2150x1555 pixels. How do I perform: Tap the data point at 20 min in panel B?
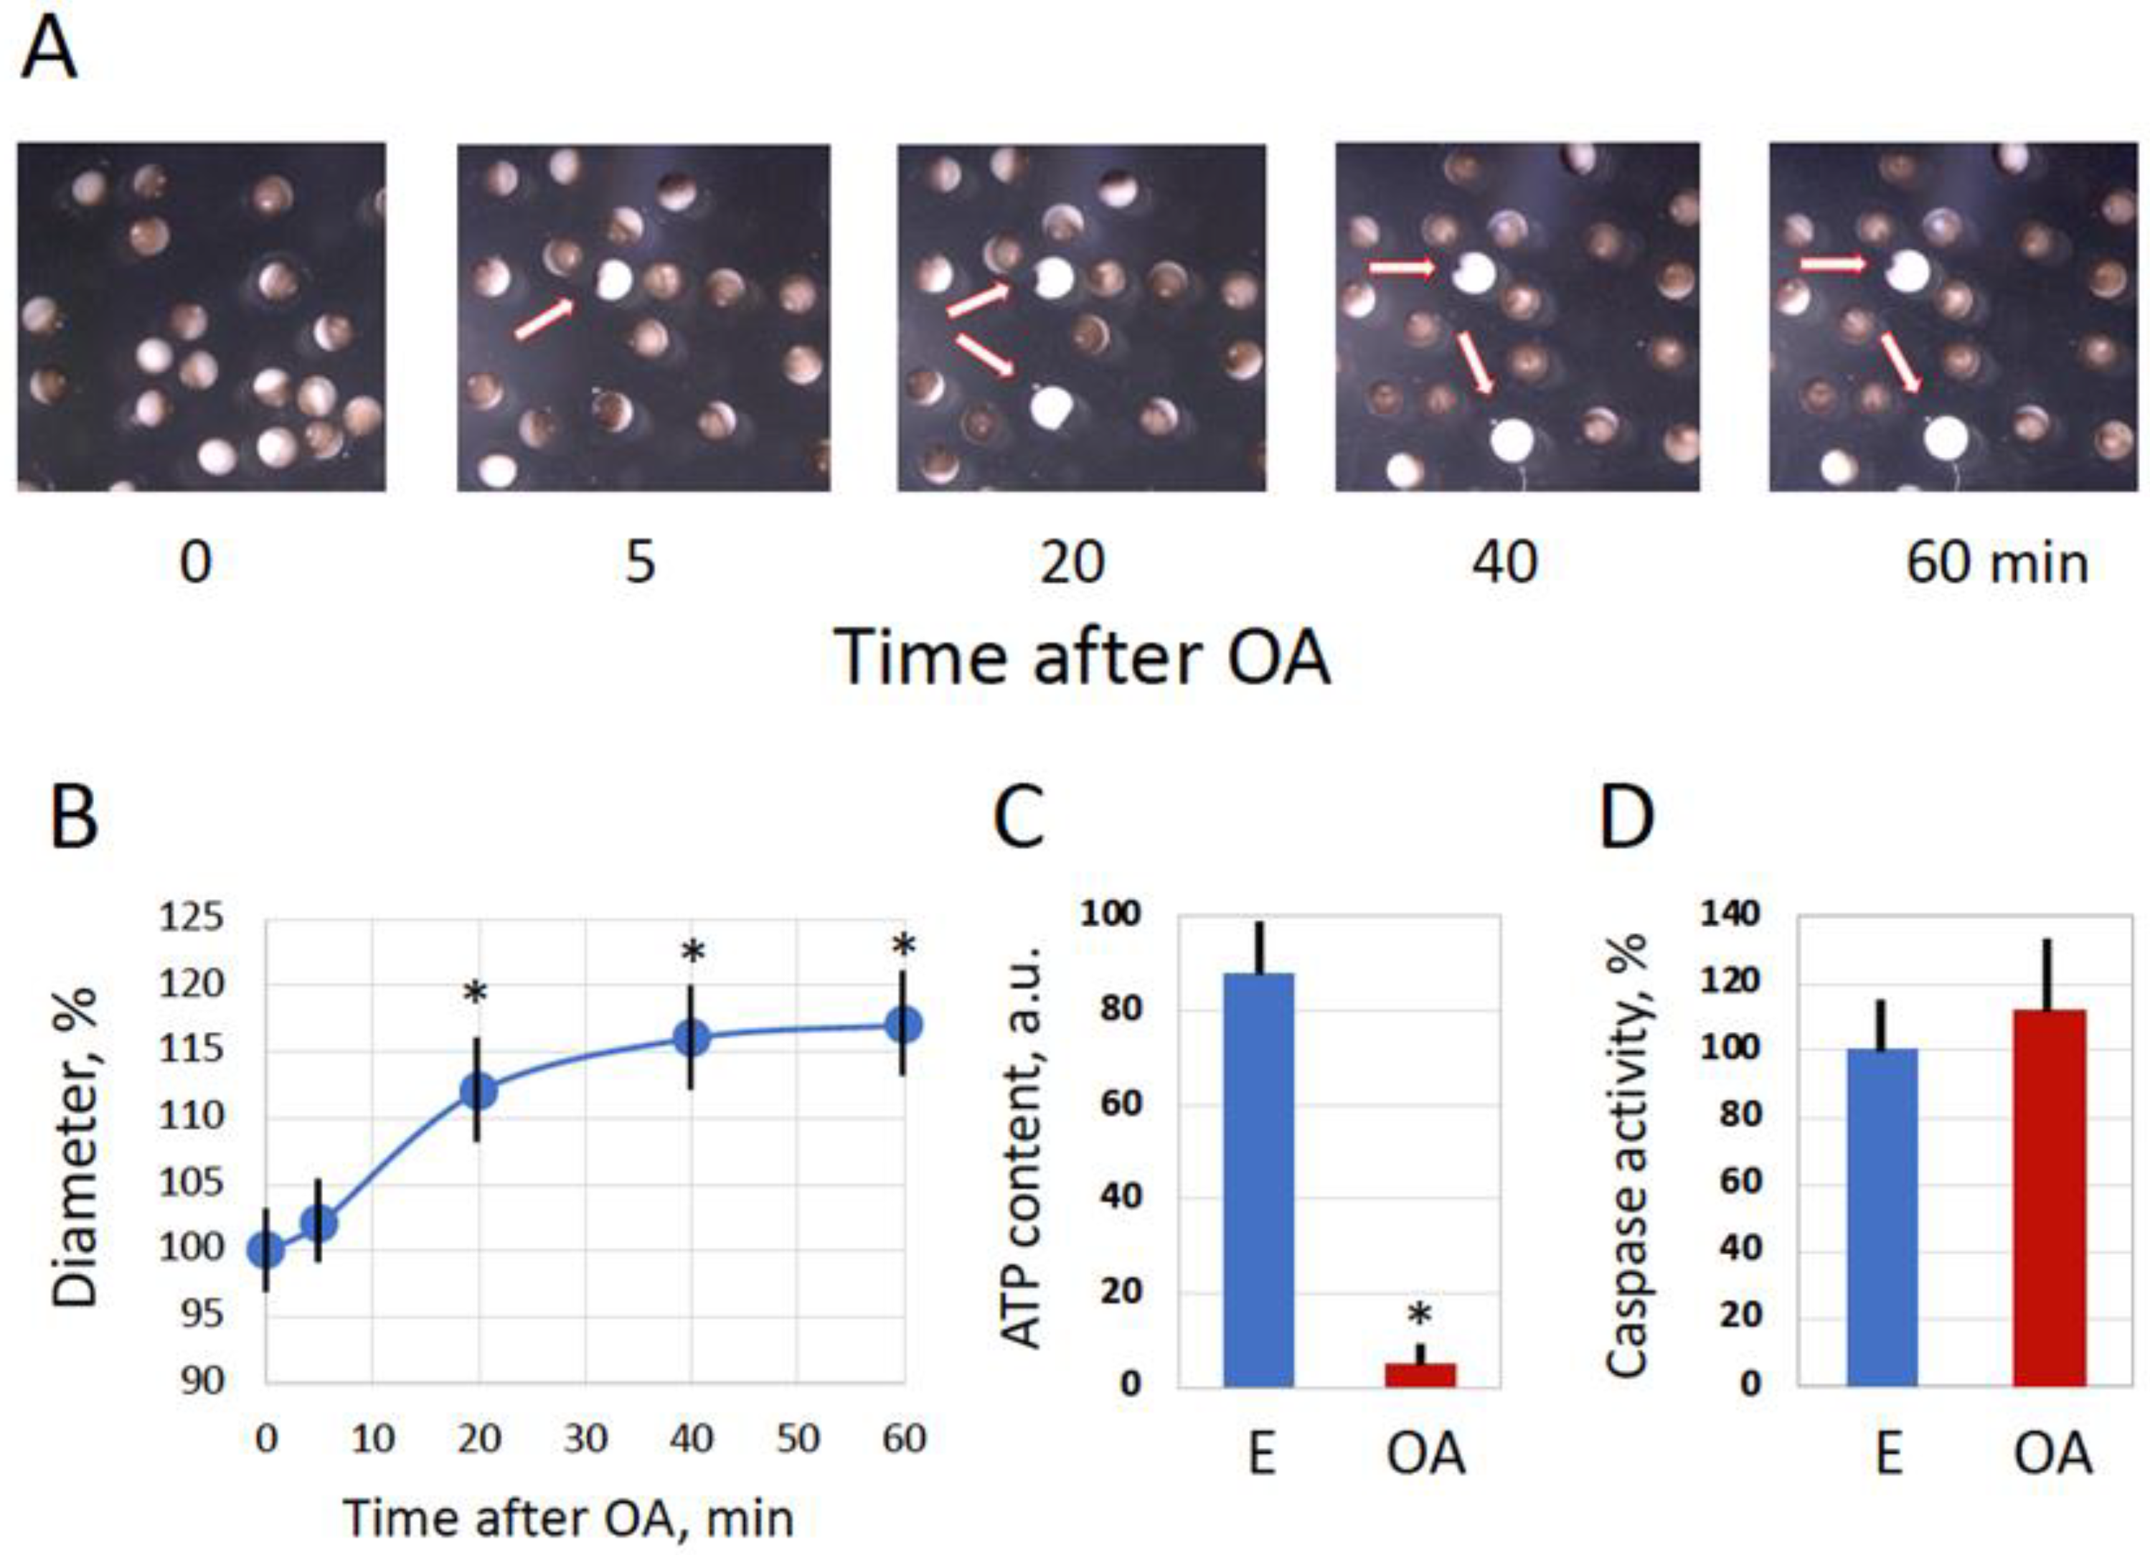tap(478, 1091)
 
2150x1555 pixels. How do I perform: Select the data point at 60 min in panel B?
tap(903, 1025)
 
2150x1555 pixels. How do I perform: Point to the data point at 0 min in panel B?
tap(265, 1251)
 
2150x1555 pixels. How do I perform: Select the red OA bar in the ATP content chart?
tap(1420, 1375)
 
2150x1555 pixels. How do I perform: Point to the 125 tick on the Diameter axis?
tap(192, 918)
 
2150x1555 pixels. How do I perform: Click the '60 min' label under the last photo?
tap(1996, 563)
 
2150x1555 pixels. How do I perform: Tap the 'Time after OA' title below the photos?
tap(1082, 658)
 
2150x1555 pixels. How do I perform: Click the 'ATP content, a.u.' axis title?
tap(1022, 1148)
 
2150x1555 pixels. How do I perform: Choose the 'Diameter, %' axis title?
tap(76, 1147)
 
